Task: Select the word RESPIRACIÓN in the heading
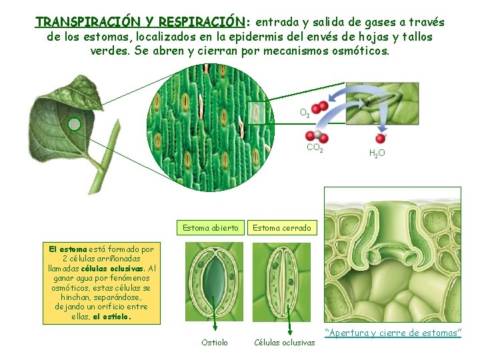tap(199, 22)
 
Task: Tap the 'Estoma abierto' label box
tap(211, 228)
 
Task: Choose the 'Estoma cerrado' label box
tap(281, 228)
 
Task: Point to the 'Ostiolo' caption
tap(215, 343)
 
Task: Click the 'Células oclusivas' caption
tap(285, 343)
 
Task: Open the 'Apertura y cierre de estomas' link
tap(393, 333)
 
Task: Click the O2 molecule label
tap(304, 114)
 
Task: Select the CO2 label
tap(314, 149)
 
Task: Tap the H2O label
tap(377, 153)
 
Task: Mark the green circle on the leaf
tap(75, 124)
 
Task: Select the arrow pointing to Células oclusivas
tap(291, 321)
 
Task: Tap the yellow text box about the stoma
tap(102, 283)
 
